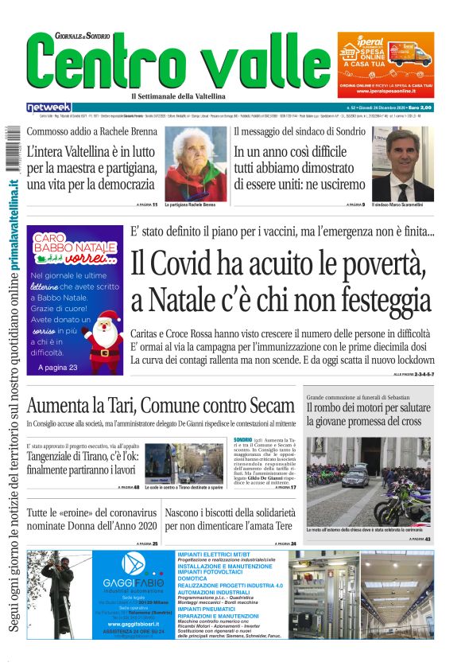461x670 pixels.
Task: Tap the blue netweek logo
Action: [48, 107]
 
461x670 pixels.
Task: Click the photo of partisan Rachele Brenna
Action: [196, 164]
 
